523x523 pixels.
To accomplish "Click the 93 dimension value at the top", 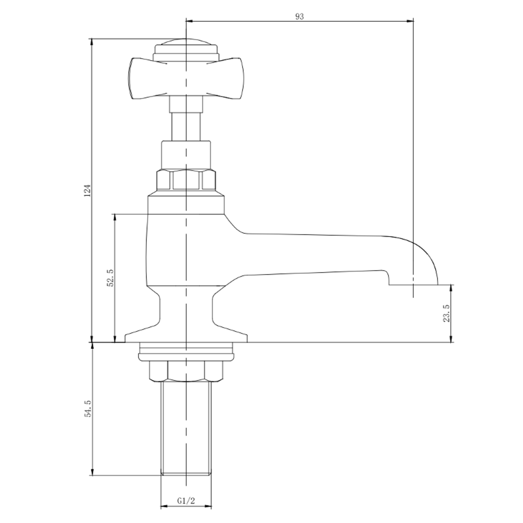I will [300, 16].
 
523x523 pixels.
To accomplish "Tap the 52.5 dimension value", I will [110, 278].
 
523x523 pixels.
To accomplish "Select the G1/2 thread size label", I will [186, 501].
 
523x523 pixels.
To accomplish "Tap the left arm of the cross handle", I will [143, 78].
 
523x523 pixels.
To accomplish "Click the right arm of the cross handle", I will [228, 78].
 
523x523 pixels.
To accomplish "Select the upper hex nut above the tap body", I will [186, 180].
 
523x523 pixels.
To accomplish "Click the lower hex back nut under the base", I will [186, 371].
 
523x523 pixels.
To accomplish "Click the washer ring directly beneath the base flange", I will [186, 352].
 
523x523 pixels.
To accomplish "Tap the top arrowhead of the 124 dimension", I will [92, 41].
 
